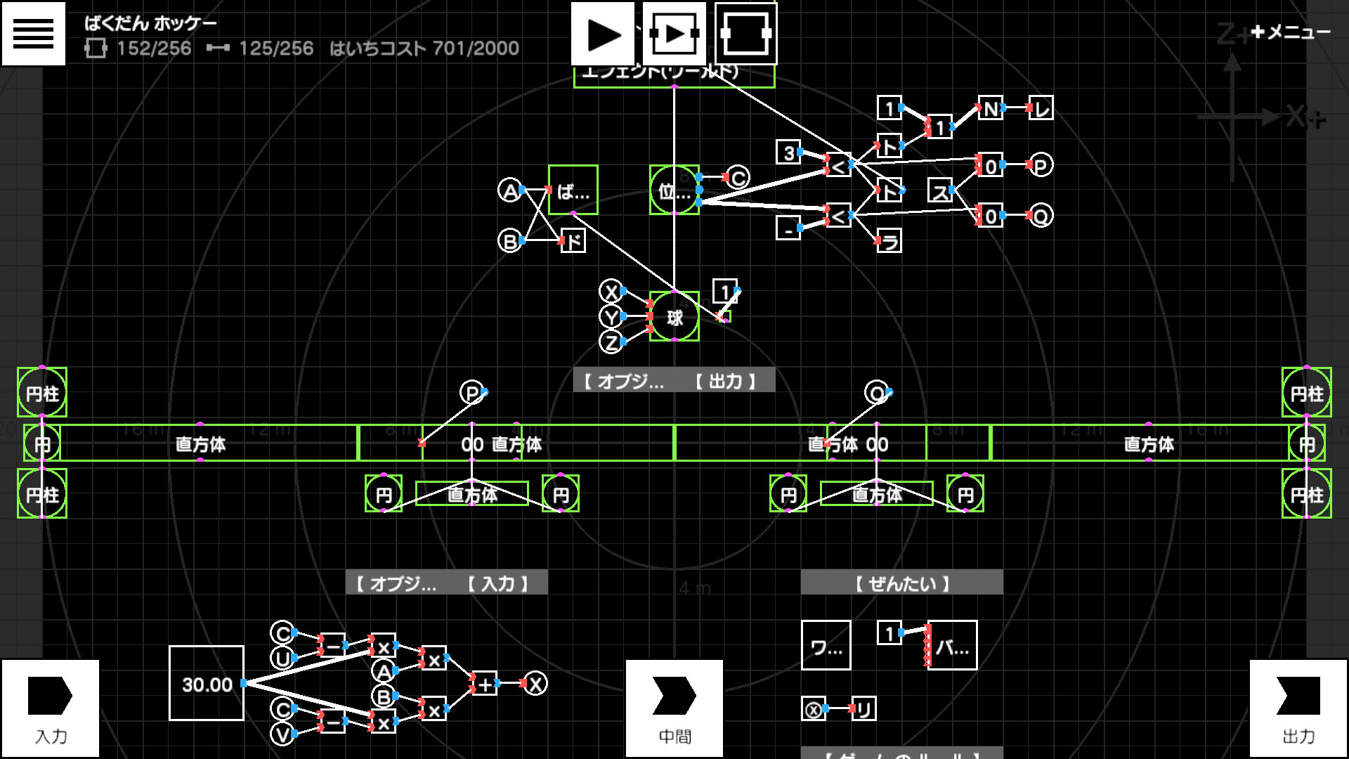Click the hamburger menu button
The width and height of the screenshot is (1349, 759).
[x=33, y=33]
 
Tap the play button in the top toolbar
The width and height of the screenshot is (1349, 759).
[x=603, y=34]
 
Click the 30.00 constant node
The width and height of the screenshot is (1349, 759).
[x=207, y=683]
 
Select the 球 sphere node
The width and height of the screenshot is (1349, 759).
[x=674, y=317]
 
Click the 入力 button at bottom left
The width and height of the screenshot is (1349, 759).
[x=50, y=708]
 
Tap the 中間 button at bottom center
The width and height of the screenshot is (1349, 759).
[x=674, y=708]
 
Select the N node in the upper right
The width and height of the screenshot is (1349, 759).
[x=990, y=109]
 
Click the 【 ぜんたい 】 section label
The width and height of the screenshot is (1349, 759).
[x=901, y=583]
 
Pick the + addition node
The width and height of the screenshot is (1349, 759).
[x=485, y=683]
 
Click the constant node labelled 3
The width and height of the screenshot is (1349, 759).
[x=788, y=153]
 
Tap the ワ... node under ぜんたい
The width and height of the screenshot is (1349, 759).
[x=826, y=645]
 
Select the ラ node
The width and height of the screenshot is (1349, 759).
[x=889, y=241]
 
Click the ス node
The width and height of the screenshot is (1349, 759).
[x=940, y=190]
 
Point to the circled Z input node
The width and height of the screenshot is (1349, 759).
[x=611, y=342]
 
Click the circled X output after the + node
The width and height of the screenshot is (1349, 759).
[x=535, y=683]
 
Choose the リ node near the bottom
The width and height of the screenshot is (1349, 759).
[x=863, y=708]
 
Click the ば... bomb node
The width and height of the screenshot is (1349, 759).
[x=573, y=190]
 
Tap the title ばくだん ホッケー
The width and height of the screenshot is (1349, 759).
[x=150, y=23]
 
